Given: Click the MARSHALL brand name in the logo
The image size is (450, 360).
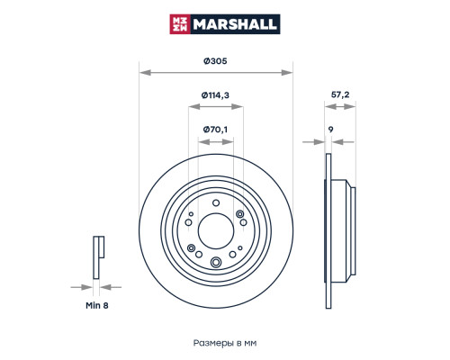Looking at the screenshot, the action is coord(235,24).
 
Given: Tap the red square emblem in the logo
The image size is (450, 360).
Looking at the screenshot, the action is coord(180,24).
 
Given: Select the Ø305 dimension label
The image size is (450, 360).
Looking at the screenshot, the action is coord(215,61).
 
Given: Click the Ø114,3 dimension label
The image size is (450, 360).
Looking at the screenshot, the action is coord(215,95).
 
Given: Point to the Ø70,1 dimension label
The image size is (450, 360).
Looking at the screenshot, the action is coord(215,130).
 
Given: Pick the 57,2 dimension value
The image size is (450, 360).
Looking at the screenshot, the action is coord(340,94).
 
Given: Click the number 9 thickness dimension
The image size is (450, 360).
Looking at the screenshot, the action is coord(330,130).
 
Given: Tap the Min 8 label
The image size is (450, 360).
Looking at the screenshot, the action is coord(97,305).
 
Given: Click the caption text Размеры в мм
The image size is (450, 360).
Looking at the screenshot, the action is coord(225,343).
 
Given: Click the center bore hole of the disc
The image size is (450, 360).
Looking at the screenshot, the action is coord(216,230).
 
